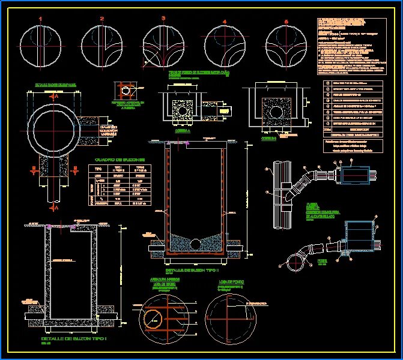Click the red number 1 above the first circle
click(x=40, y=19)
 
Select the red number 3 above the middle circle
click(x=163, y=19)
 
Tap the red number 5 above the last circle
click(x=286, y=22)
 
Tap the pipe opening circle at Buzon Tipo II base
click(x=195, y=244)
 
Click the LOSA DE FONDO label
click(x=230, y=280)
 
